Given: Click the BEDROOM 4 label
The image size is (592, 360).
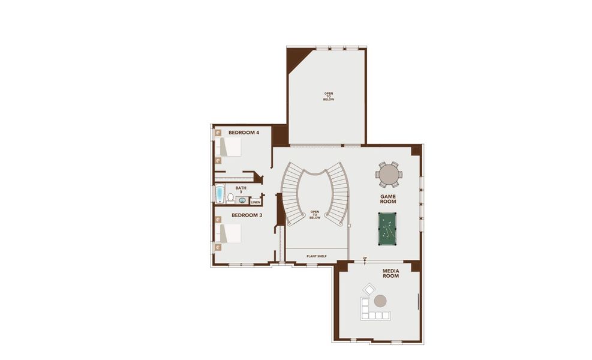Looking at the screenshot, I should tap(244, 133).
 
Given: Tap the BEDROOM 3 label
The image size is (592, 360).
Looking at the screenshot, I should tap(247, 215).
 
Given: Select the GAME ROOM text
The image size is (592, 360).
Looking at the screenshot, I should tap(389, 199).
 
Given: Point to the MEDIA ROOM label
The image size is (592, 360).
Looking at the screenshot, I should tap(390, 274).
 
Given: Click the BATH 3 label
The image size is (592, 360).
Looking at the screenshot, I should tap(241, 190).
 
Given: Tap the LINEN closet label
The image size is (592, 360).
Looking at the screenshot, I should tap(256, 202).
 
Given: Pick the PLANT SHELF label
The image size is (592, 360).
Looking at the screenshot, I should tap(316, 256).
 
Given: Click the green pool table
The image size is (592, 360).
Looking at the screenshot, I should tap(387, 228).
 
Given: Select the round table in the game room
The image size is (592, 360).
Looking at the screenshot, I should tap(389, 174).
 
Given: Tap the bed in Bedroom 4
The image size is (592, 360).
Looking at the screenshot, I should tap(229, 147).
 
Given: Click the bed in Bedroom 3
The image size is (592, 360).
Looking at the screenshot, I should tap(229, 233).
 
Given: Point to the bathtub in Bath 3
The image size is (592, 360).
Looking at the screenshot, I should tap(220, 194).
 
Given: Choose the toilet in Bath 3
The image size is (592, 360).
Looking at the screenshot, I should tap(230, 197).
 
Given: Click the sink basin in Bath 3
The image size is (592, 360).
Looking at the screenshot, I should tap(241, 200).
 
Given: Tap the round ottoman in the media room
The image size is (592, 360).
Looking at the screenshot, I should tap(380, 301).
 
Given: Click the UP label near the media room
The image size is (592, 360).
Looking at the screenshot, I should tap(365, 259).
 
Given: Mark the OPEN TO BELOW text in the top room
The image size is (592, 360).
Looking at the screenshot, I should tap(329, 96).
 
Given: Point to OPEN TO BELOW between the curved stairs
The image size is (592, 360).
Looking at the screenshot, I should tap(315, 215).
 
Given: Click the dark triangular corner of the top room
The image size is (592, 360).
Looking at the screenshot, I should tap(296, 58).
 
